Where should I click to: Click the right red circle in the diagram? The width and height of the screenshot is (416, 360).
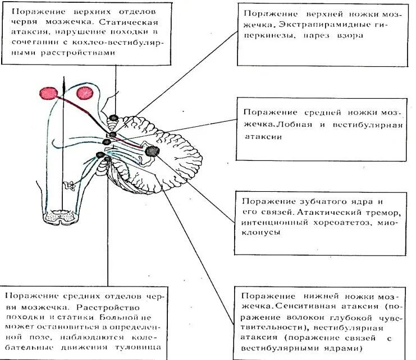(85, 93)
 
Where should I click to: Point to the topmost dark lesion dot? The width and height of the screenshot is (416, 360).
(114, 118)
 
